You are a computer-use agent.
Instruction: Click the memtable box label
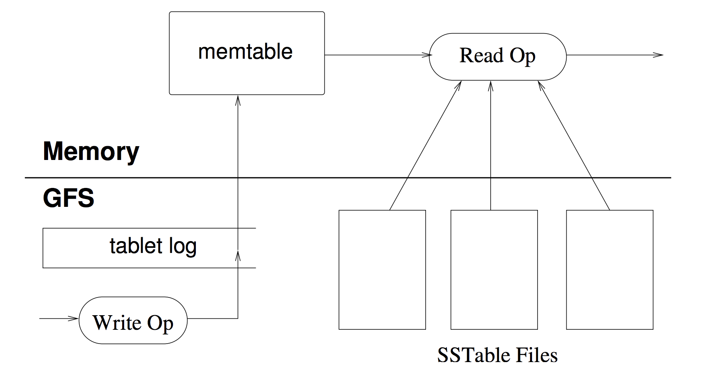coord(245,52)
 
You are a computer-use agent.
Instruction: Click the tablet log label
coord(153,246)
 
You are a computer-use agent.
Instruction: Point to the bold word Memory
coord(91,151)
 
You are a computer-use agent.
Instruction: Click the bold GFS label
coord(69,198)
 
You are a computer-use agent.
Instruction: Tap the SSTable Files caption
coord(497,355)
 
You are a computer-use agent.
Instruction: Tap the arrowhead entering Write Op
coord(74,318)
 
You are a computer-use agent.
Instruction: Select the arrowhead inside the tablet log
coord(238,255)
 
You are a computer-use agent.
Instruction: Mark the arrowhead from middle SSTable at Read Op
coord(491,86)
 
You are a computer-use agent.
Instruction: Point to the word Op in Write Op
coord(160,324)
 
